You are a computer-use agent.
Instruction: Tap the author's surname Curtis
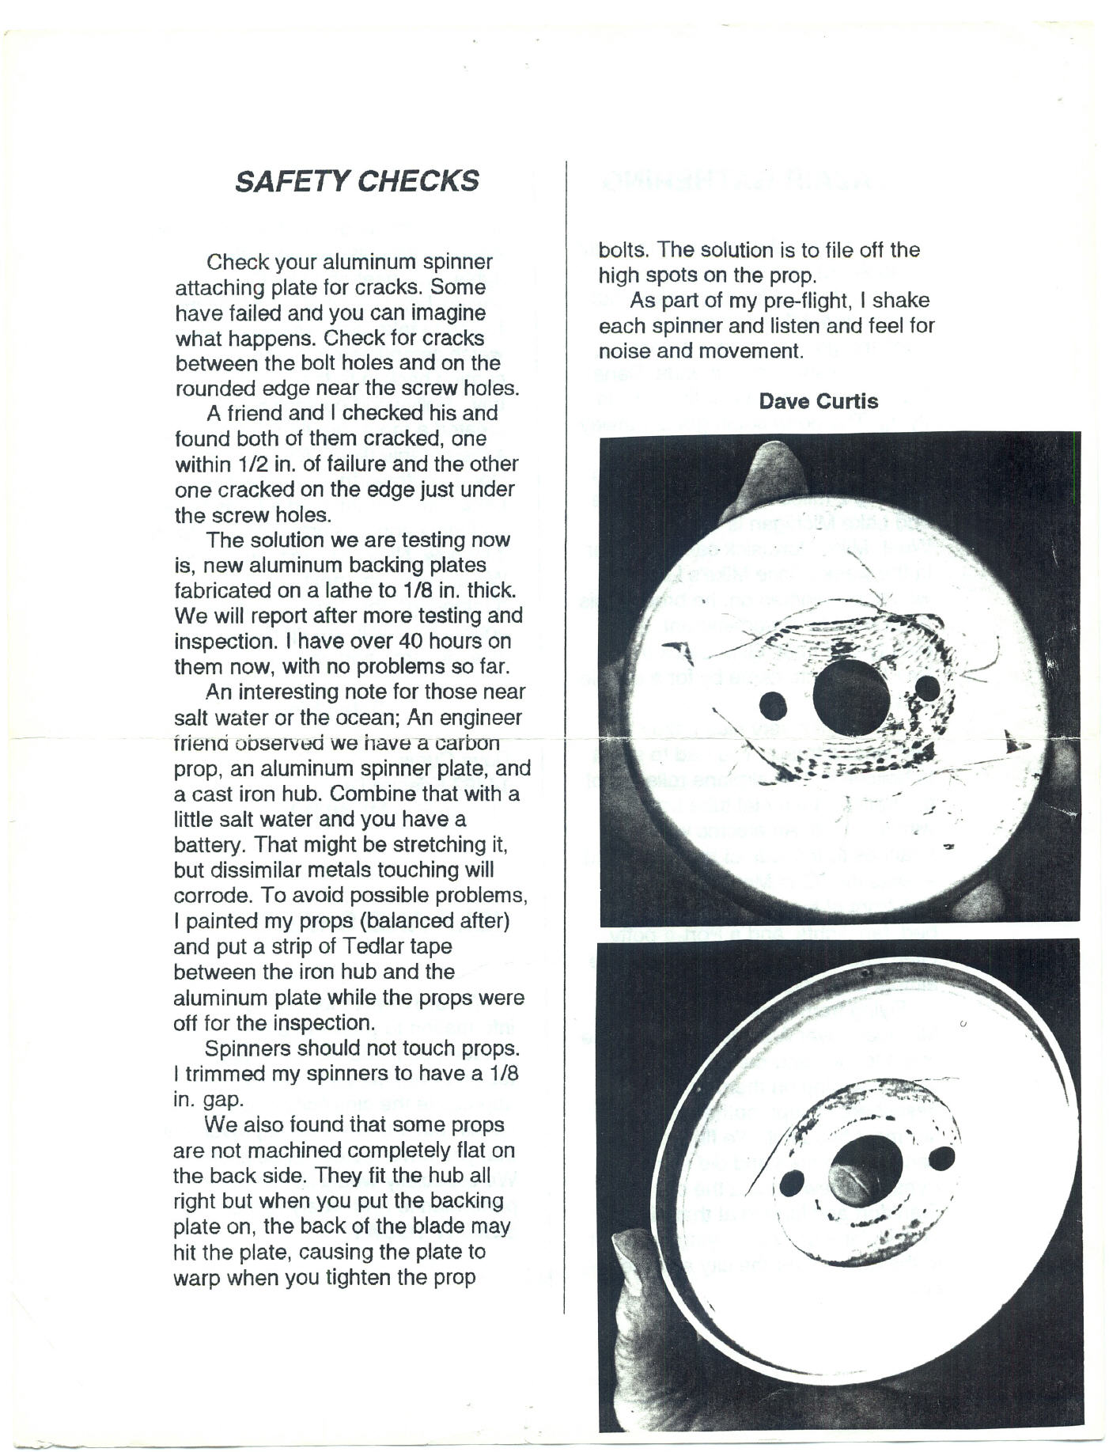(x=847, y=401)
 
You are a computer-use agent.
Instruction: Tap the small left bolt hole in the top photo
(x=772, y=706)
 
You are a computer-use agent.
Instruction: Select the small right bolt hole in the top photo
(x=927, y=688)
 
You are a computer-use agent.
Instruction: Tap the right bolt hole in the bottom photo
(x=942, y=1158)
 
